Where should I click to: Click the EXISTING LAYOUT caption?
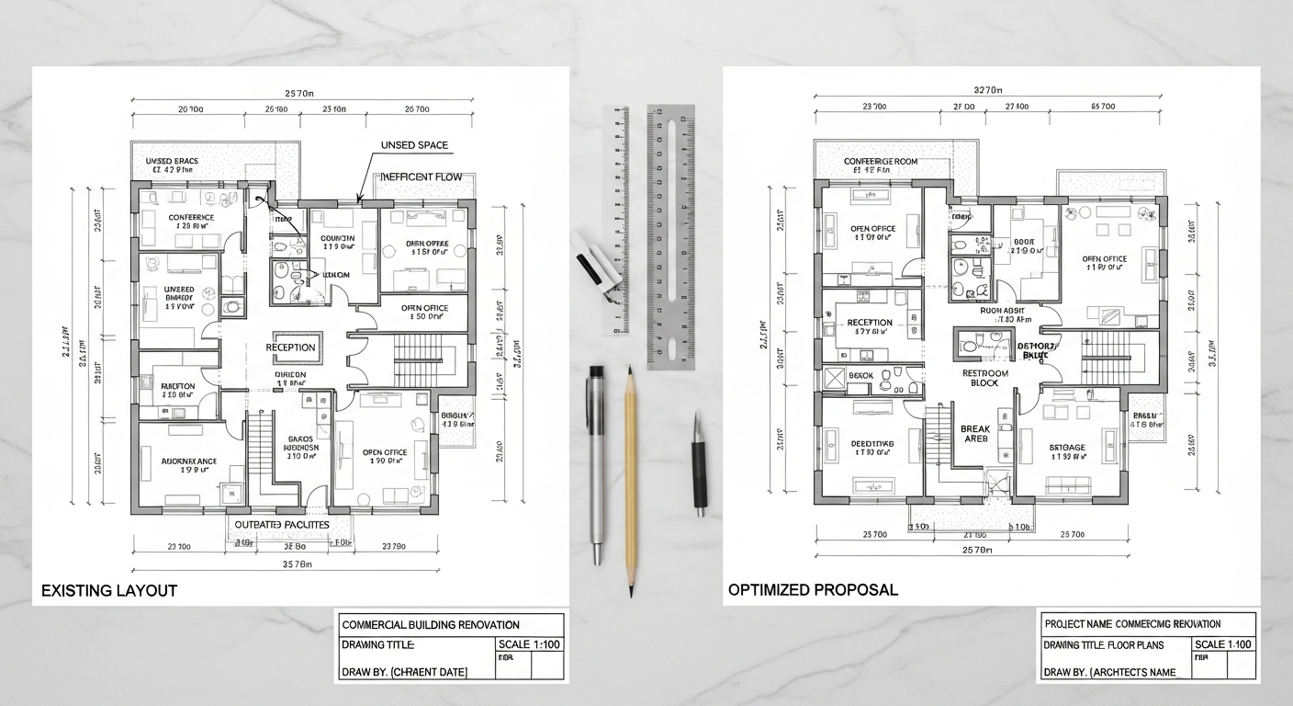coord(109,590)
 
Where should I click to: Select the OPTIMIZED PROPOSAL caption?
coord(813,589)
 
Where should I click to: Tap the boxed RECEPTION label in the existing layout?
coord(290,347)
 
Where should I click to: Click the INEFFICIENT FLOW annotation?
coord(421,177)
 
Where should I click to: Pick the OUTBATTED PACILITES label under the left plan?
coord(281,524)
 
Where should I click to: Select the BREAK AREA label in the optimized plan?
coord(974,434)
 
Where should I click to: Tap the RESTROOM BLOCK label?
coord(985,378)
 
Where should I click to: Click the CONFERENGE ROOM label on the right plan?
coord(880,162)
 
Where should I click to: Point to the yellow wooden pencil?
coord(631,478)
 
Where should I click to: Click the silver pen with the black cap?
coord(597,460)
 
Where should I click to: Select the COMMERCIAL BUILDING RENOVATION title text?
coord(431,625)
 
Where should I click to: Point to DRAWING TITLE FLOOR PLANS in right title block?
coord(1111,644)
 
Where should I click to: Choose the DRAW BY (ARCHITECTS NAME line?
coord(1110,672)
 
